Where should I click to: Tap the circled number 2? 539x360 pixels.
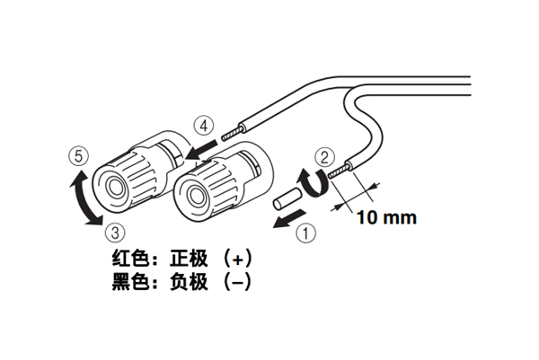coord(329,159)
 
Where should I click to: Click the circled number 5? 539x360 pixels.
coord(79,156)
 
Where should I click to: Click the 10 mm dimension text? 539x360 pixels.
coord(386,216)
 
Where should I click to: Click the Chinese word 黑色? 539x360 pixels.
coord(129,282)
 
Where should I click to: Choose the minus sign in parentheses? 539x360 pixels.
coord(235,282)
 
